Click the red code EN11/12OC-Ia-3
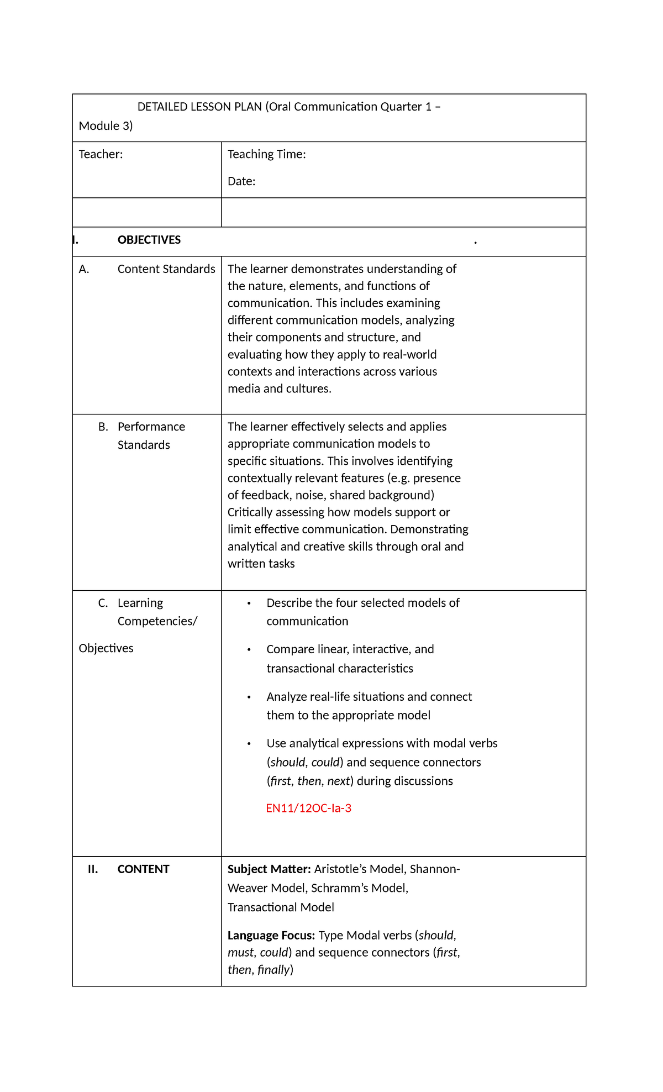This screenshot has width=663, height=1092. (x=308, y=808)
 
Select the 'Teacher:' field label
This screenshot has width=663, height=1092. (x=101, y=154)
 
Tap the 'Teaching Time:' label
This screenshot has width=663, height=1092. (x=266, y=154)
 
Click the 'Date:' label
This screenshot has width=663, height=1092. (x=241, y=181)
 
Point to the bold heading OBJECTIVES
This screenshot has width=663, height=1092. (x=149, y=240)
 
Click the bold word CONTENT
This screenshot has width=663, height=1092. (x=143, y=869)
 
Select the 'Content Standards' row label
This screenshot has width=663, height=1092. (x=166, y=269)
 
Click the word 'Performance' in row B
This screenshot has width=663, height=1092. (x=151, y=427)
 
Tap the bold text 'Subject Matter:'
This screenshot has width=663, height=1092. (x=269, y=869)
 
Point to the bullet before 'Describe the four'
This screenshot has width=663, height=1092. (x=249, y=603)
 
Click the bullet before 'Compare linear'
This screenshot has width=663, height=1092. (x=249, y=650)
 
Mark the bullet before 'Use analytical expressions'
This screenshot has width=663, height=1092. (x=249, y=744)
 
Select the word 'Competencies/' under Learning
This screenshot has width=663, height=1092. (x=157, y=621)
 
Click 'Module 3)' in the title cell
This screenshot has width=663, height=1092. (x=106, y=126)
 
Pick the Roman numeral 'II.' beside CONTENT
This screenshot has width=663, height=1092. (x=93, y=869)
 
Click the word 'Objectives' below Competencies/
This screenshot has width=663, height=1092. (x=106, y=648)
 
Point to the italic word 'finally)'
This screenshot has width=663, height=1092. (x=275, y=969)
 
